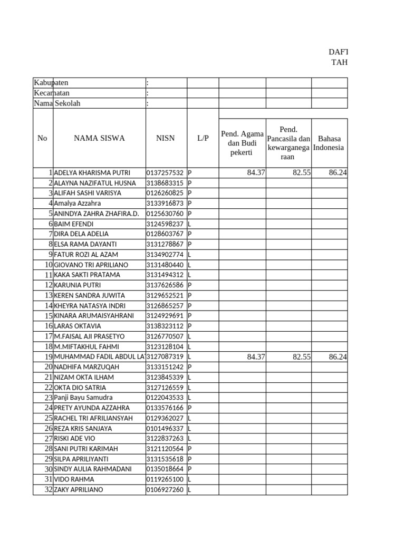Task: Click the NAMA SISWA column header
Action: point(99,138)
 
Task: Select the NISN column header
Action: point(166,138)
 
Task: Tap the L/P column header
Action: point(203,138)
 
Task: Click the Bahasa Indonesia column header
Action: point(329,143)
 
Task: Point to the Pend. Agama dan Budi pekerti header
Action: point(242,143)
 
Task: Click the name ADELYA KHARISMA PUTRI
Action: point(92,173)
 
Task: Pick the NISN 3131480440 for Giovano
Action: point(165,265)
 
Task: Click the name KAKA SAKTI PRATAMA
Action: point(87,275)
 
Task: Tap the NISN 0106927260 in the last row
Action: point(165,490)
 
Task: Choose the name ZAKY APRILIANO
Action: point(79,490)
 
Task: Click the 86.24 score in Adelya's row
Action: point(337,173)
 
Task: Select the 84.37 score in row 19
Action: point(256,357)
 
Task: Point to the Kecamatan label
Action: point(52,93)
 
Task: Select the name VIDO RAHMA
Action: point(74,479)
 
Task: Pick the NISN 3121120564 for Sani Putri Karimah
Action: point(165,449)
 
